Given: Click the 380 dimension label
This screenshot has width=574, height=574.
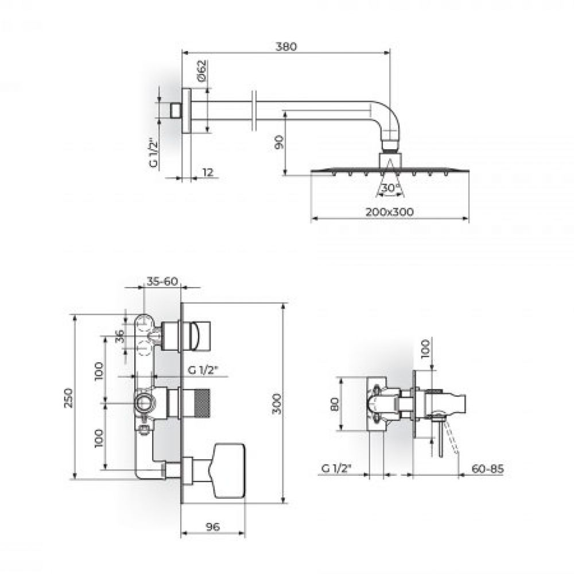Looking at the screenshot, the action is pos(286,46).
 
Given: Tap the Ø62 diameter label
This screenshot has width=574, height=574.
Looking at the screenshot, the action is pos(201,71).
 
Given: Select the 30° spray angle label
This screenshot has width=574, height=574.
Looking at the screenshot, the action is pos(390,188).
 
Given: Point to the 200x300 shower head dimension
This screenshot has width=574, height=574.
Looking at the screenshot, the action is pos(390,212).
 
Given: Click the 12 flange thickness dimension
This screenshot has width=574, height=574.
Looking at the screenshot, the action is pos(208,172).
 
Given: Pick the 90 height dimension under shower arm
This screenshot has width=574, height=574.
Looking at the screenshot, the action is pos(278,142).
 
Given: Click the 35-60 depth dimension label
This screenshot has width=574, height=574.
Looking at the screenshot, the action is pos(162,281).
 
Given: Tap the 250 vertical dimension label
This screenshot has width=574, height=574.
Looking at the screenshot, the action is pos(68,398).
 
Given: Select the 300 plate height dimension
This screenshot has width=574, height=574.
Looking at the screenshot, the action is pos(277,404).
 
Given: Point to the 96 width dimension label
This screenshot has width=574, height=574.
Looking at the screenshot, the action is pos(213,527).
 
